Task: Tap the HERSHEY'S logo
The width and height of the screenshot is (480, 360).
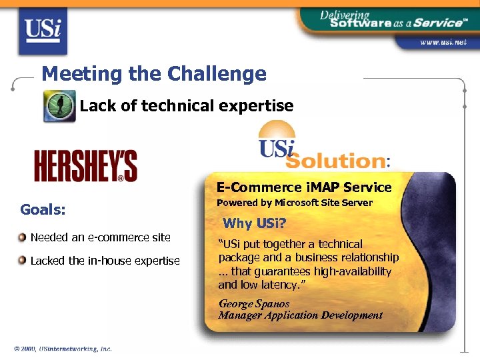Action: click(85, 166)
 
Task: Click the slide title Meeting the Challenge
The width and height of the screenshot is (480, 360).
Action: click(153, 73)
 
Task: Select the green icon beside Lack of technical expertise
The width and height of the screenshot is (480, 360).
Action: click(59, 105)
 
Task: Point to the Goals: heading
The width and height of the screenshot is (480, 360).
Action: click(43, 209)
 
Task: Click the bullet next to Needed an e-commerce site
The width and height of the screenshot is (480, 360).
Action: click(23, 237)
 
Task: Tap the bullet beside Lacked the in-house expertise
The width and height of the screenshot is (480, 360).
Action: click(23, 260)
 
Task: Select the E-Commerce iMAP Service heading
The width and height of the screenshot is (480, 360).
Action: click(303, 187)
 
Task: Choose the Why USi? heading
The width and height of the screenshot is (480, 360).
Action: click(253, 223)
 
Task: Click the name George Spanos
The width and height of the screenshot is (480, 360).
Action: click(254, 303)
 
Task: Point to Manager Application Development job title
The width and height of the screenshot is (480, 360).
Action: click(301, 315)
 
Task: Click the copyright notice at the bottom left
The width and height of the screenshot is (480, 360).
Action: click(63, 348)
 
